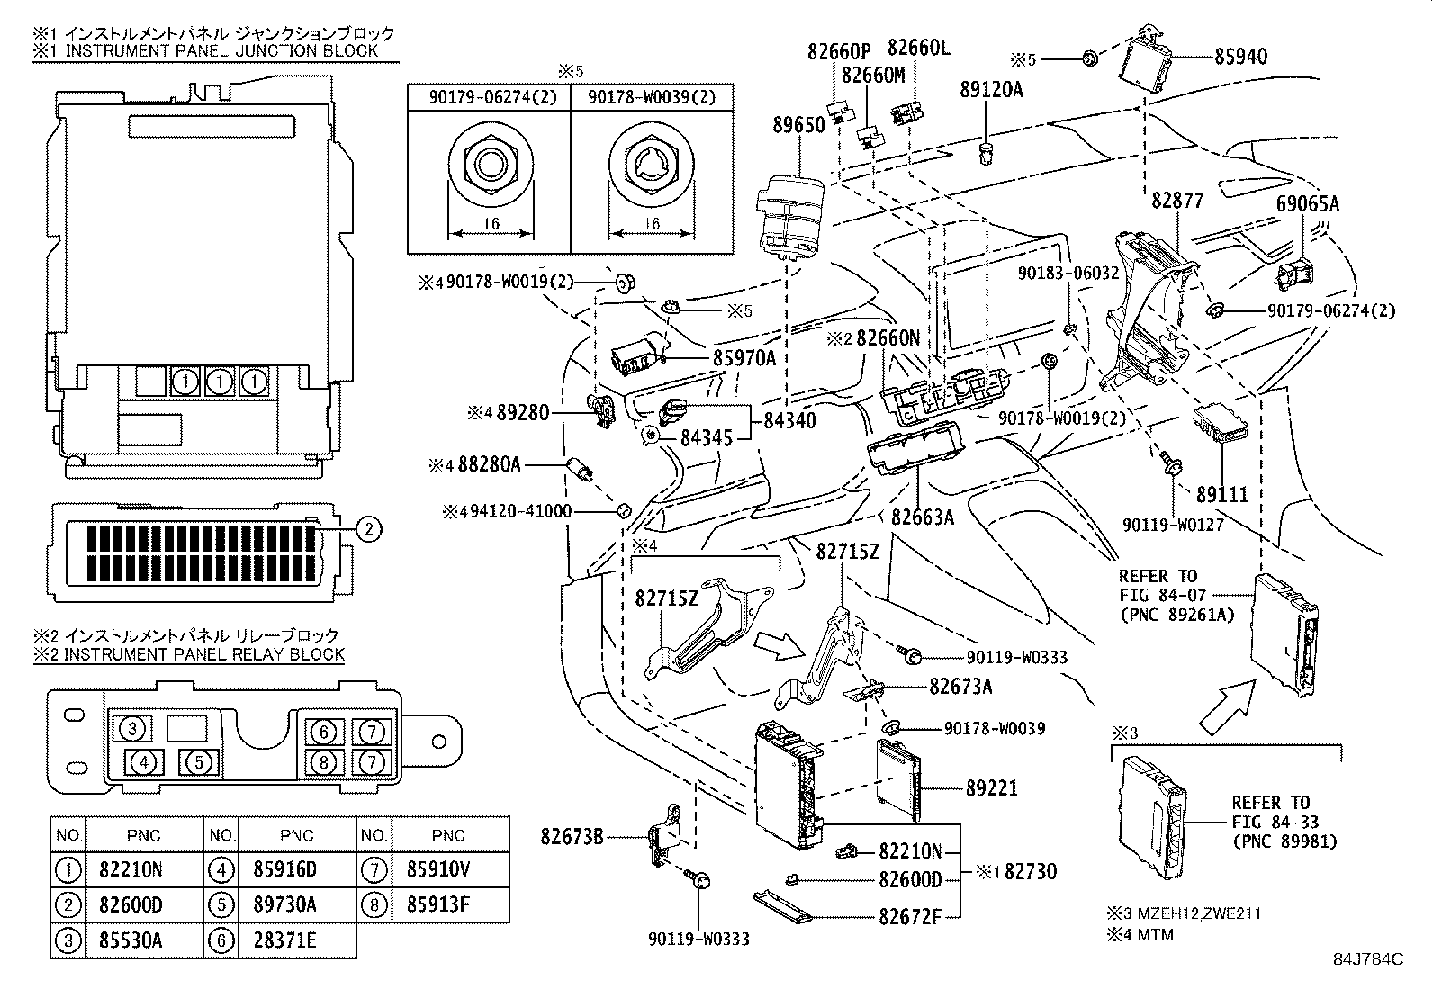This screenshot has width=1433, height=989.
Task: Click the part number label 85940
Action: click(1240, 57)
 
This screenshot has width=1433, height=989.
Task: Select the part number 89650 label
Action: click(798, 124)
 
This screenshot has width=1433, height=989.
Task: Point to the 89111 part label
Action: click(1222, 494)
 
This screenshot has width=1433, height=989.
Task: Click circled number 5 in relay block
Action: click(201, 762)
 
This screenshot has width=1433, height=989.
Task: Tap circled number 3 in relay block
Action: click(132, 728)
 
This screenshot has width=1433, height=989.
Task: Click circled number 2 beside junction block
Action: click(368, 530)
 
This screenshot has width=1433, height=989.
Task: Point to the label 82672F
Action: click(909, 917)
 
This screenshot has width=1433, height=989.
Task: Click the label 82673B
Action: click(572, 836)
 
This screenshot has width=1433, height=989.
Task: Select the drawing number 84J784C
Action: click(1368, 959)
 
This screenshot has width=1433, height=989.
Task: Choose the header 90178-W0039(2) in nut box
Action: click(653, 97)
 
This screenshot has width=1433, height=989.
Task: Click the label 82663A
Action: click(923, 517)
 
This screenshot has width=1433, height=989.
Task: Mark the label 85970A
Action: click(744, 357)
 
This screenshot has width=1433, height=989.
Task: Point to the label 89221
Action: click(991, 787)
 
